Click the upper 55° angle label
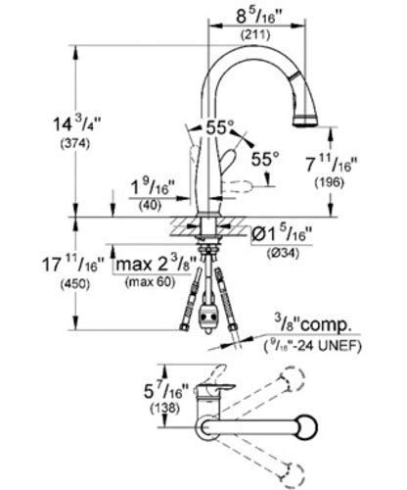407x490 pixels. pos(217,128)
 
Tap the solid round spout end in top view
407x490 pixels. pos(302,430)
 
